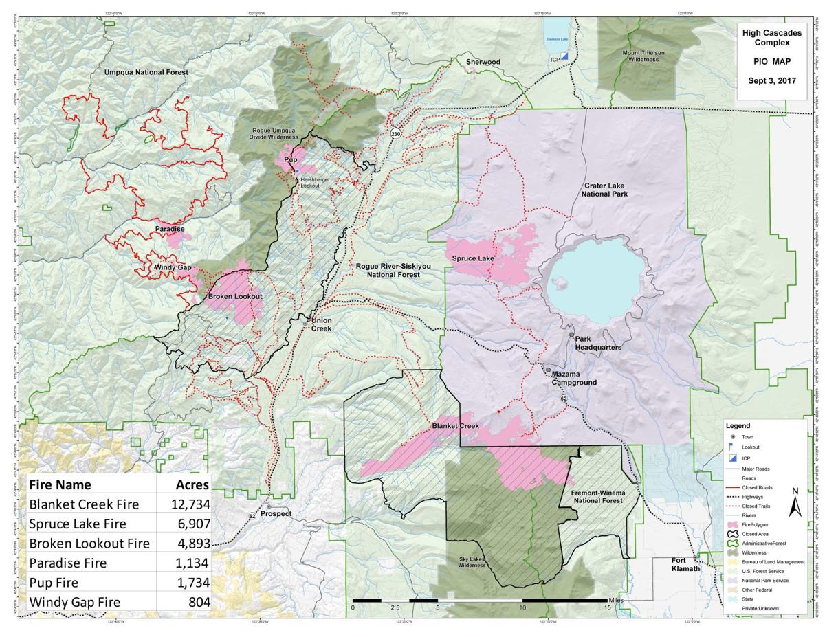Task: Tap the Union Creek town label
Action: pos(321,324)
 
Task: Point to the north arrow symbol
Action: pos(795,503)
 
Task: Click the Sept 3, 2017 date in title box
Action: pos(771,80)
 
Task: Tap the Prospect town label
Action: pos(276,513)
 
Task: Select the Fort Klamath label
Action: pos(685,564)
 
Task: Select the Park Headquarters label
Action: pos(597,343)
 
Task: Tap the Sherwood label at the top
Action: pos(483,62)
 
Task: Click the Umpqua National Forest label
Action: pos(146,71)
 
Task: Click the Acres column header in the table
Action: pos(192,484)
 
